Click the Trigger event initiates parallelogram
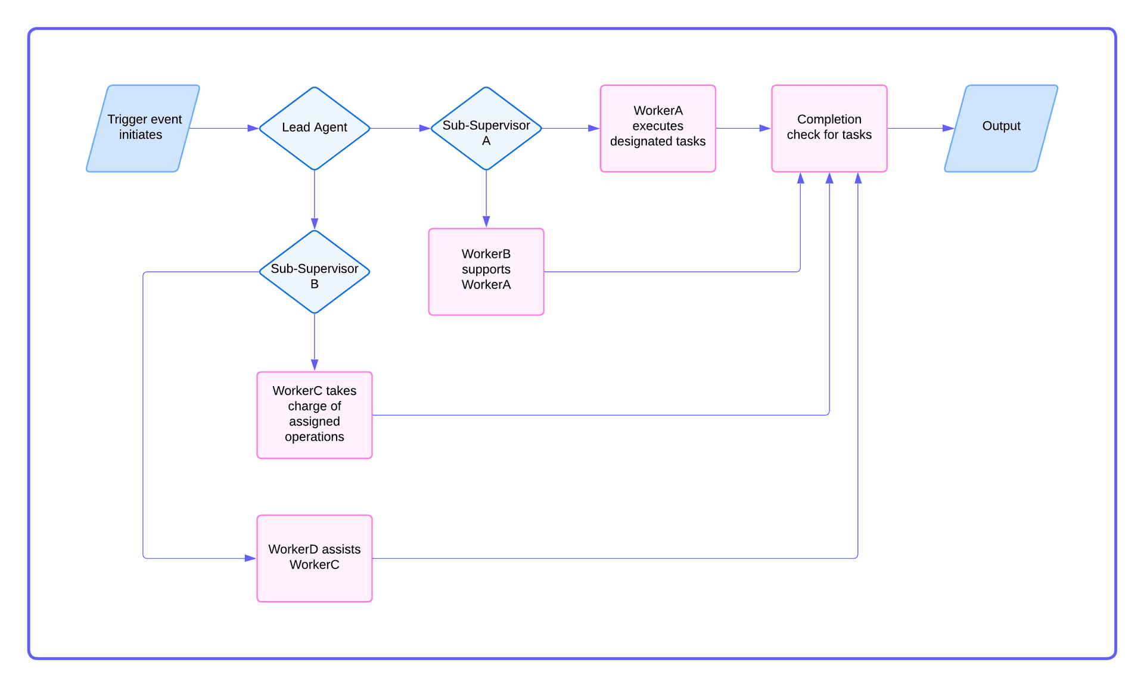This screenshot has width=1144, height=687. [143, 128]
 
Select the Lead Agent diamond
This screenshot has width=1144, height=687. [315, 128]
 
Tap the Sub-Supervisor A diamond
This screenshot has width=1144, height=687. [486, 128]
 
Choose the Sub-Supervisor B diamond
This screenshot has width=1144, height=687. [315, 272]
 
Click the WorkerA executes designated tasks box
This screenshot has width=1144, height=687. [658, 128]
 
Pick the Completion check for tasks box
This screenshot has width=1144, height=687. [829, 128]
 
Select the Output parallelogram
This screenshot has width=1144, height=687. [1001, 128]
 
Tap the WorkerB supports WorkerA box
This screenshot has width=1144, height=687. [486, 272]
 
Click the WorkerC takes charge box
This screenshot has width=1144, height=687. [315, 415]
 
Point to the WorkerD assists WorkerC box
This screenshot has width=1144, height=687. [315, 558]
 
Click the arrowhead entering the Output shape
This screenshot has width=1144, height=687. [949, 128]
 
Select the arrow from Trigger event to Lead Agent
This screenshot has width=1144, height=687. [223, 128]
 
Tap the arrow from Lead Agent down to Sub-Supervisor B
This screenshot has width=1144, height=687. [315, 200]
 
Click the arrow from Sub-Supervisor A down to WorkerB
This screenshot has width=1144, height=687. [486, 198]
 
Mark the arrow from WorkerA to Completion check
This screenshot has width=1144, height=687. [743, 128]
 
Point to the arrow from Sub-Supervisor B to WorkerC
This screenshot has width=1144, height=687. [315, 342]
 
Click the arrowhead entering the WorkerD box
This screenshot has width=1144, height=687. [250, 558]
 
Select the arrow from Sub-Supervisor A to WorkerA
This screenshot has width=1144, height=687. [570, 128]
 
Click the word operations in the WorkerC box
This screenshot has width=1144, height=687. [315, 437]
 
